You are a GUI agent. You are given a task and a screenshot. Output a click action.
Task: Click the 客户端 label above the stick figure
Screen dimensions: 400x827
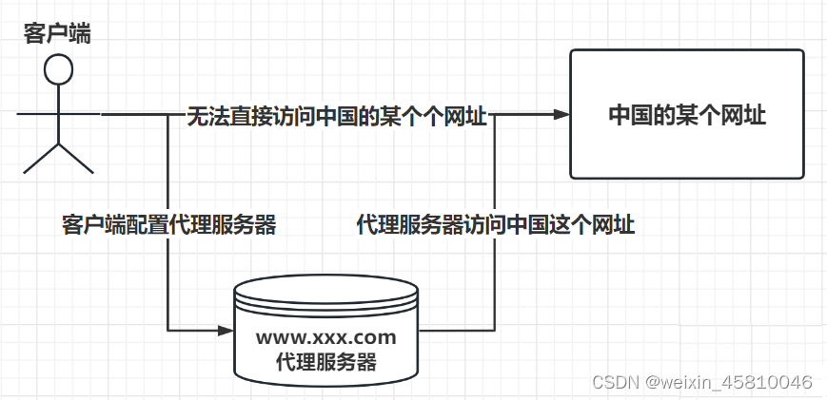click(x=58, y=32)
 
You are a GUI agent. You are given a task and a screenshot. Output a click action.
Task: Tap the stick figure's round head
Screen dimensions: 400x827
click(x=59, y=68)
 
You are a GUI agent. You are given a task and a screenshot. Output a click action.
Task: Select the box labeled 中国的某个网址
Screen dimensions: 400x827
click(x=687, y=114)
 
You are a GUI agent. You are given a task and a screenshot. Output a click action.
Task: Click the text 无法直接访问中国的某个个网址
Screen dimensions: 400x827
click(x=336, y=117)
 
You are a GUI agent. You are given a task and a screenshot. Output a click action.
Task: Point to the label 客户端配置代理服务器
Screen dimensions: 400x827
click(x=168, y=225)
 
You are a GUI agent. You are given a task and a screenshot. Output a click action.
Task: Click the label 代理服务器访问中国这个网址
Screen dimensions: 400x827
click(x=495, y=225)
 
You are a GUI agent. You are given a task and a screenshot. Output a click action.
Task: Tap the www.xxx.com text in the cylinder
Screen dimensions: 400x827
click(x=325, y=337)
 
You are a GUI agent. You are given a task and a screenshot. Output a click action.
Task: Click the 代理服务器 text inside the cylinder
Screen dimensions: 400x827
click(x=325, y=362)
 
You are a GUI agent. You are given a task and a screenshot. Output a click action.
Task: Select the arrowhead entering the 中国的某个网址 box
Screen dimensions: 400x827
click(x=561, y=114)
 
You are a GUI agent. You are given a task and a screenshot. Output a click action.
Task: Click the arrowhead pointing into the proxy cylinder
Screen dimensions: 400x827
click(x=226, y=331)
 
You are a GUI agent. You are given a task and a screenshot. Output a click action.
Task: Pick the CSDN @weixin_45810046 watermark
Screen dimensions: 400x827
click(x=701, y=382)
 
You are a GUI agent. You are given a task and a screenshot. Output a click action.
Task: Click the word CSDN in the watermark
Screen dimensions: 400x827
click(x=615, y=382)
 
